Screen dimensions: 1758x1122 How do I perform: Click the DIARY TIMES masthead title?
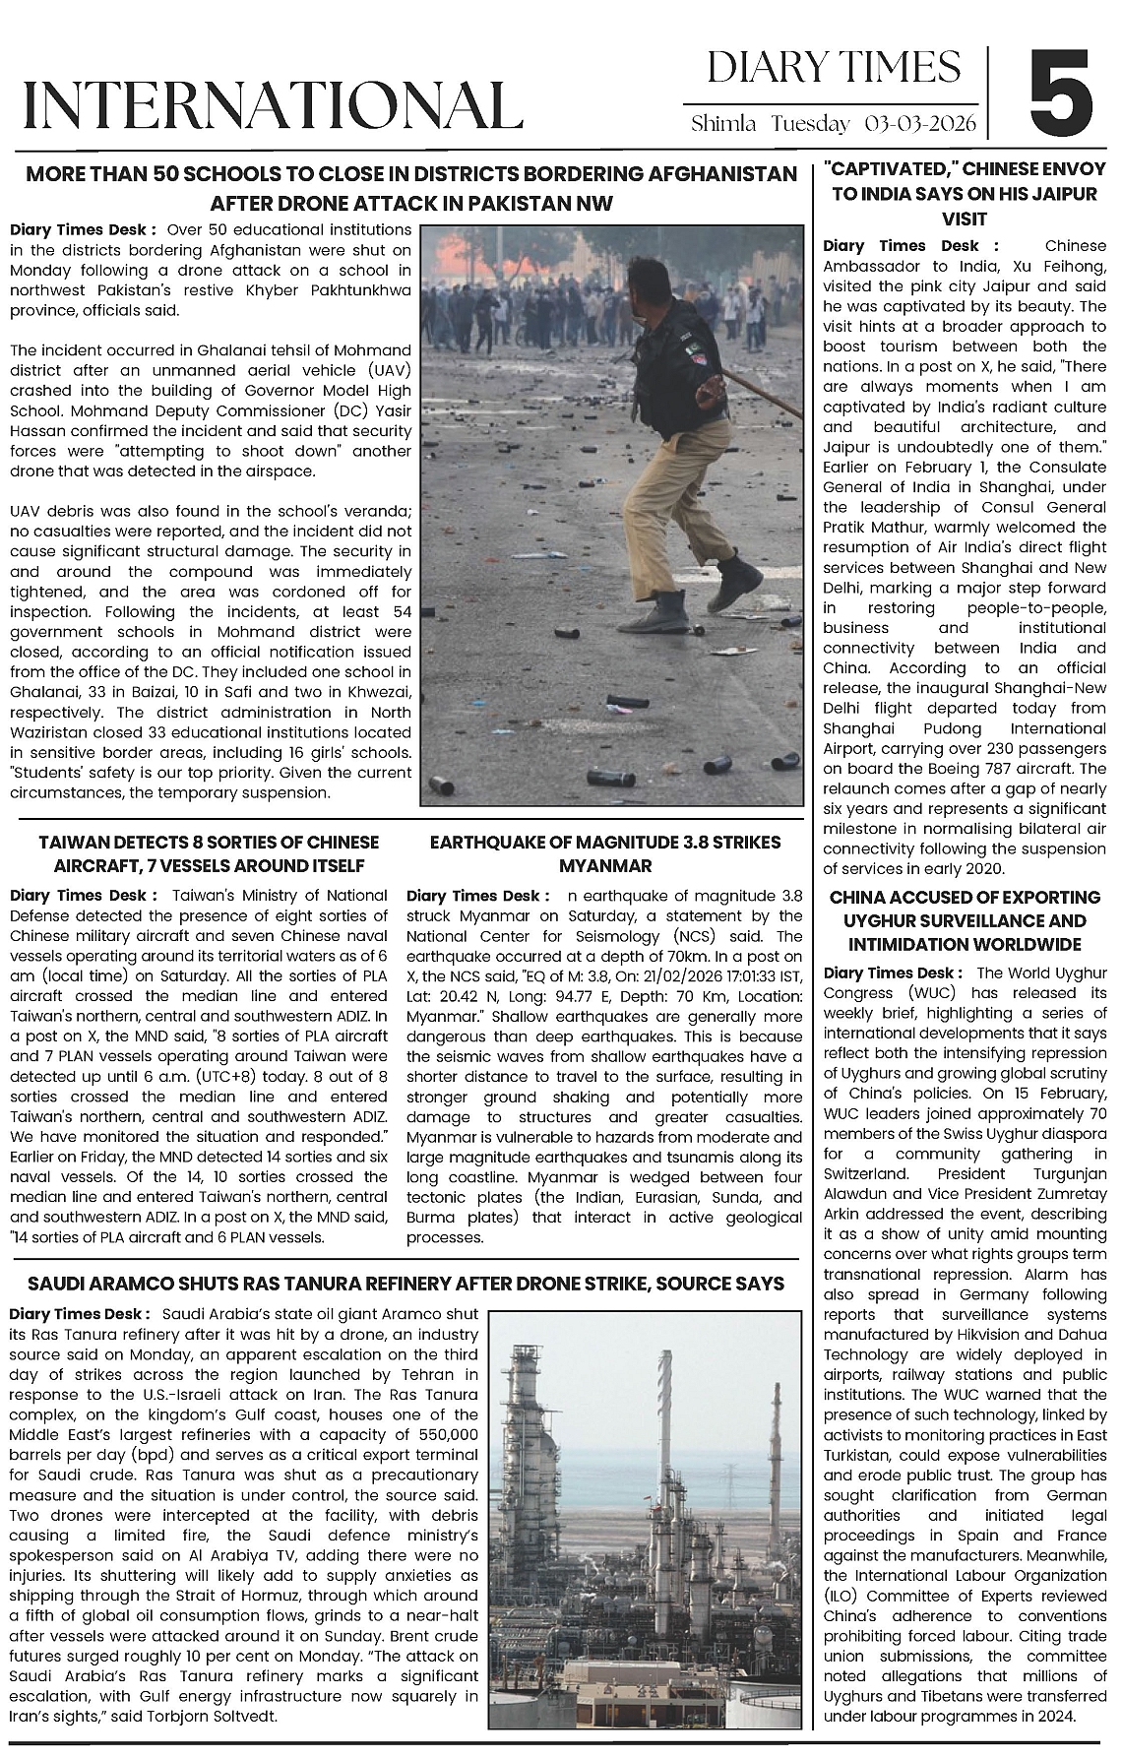coord(834,68)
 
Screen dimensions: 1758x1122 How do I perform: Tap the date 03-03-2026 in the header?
coord(921,124)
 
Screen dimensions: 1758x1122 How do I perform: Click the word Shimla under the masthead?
coord(723,124)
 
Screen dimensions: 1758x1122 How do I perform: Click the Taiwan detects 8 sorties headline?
coord(209,853)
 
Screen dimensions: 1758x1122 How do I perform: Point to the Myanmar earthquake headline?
coord(605,853)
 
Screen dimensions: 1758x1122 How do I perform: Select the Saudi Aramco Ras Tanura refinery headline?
coord(405,1284)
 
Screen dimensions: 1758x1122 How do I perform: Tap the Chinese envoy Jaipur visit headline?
coord(964,193)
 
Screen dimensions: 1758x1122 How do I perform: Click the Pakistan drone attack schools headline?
coord(411,188)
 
